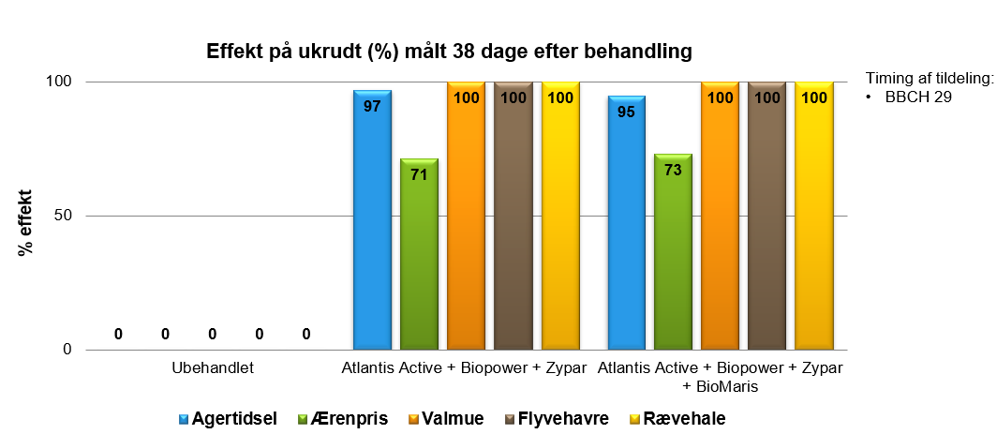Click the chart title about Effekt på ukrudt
[449, 52]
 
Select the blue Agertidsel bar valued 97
[372, 225]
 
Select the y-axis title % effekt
[25, 223]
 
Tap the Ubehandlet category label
[213, 368]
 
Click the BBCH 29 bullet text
[918, 97]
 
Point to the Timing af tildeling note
[928, 79]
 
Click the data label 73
[673, 171]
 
